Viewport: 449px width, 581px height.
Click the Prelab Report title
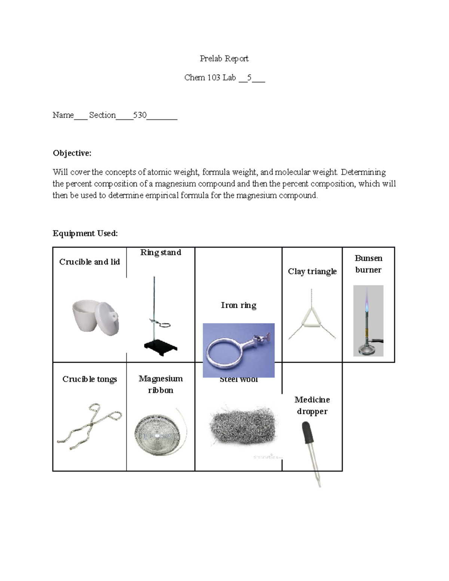coord(224,59)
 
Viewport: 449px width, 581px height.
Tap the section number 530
coord(140,115)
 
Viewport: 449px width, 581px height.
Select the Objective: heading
coord(72,153)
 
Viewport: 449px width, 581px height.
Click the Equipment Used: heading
coord(85,233)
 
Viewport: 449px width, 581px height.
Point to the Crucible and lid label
coord(89,262)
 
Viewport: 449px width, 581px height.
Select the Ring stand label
coord(161,253)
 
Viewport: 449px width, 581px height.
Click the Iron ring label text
coord(238,305)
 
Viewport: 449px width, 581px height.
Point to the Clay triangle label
coord(312,272)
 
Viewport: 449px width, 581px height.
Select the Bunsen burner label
coord(369,264)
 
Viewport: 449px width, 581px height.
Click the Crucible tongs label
coord(89,379)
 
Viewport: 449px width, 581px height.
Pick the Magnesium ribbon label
coord(161,385)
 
